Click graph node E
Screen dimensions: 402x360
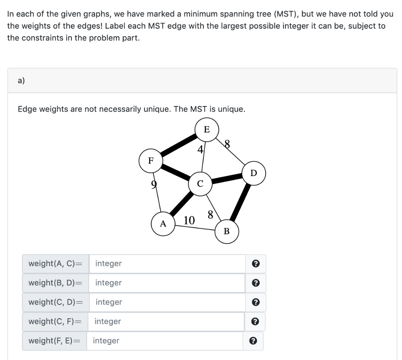click(206, 129)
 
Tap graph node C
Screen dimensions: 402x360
click(200, 183)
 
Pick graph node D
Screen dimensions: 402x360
click(254, 173)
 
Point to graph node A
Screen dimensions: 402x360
click(163, 224)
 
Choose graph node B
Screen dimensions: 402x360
click(227, 231)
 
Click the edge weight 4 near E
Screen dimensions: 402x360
click(200, 149)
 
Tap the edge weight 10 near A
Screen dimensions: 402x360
click(189, 220)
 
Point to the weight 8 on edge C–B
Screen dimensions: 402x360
click(210, 215)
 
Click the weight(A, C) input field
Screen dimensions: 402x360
click(167, 263)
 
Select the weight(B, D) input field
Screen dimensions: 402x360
click(167, 283)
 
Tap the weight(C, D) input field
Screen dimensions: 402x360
click(167, 302)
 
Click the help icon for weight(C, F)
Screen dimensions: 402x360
click(255, 321)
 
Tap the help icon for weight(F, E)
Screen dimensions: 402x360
click(253, 341)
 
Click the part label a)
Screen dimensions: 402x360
click(21, 81)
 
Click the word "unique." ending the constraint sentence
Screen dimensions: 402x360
click(232, 109)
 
